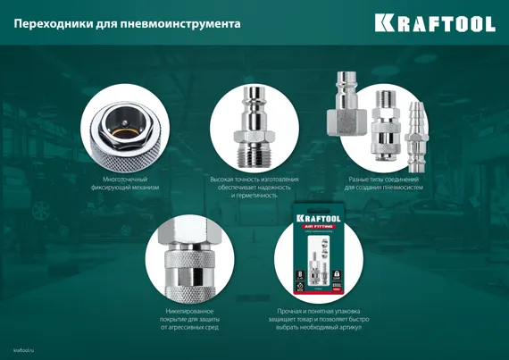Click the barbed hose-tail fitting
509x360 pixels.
pos(413,134)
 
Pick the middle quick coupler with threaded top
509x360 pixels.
pos(382,125)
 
